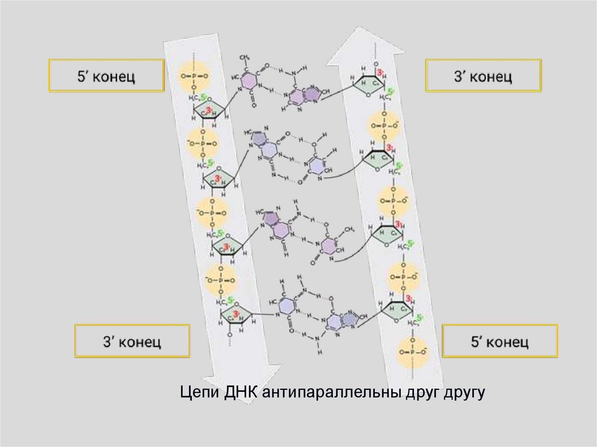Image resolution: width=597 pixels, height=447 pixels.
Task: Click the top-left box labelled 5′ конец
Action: pyautogui.click(x=106, y=76)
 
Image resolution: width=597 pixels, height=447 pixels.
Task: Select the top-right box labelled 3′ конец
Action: pyautogui.click(x=483, y=75)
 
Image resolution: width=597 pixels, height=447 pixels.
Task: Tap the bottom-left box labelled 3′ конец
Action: pyautogui.click(x=132, y=341)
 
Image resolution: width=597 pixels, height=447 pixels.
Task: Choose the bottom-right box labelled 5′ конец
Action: pyautogui.click(x=500, y=341)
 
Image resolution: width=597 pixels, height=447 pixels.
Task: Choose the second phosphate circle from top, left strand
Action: pyautogui.click(x=202, y=143)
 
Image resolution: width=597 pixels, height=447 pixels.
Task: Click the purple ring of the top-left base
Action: pyautogui.click(x=250, y=80)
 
